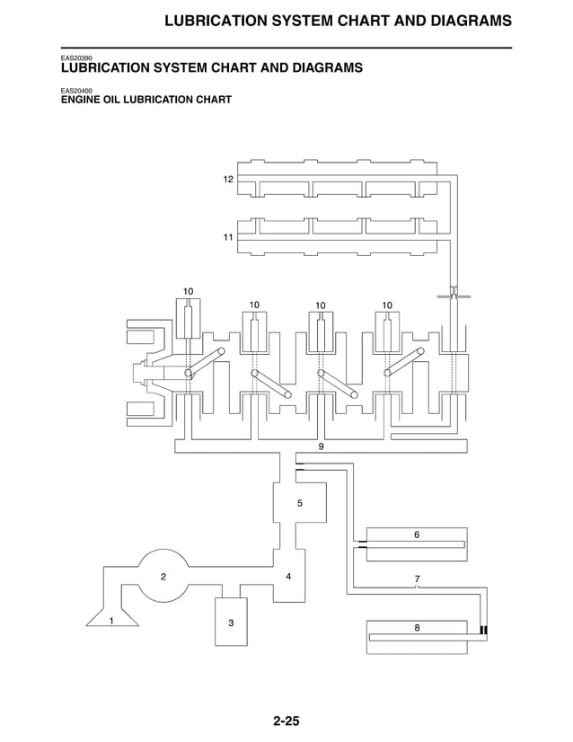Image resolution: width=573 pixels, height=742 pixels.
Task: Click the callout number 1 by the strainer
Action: click(x=111, y=621)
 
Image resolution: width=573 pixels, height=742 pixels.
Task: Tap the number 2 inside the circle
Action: click(x=163, y=577)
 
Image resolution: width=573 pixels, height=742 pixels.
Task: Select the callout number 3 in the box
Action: click(x=231, y=623)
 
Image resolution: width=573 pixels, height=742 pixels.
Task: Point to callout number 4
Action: click(x=288, y=575)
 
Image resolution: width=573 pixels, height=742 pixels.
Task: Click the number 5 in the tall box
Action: click(x=300, y=503)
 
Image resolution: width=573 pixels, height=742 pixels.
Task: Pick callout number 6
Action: click(x=417, y=534)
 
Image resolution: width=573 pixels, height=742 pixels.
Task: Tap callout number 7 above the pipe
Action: click(x=417, y=579)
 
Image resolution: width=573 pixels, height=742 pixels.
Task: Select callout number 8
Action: click(x=417, y=627)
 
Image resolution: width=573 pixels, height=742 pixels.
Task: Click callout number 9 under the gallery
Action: click(x=321, y=446)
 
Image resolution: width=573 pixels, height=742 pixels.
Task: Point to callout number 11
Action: click(x=228, y=237)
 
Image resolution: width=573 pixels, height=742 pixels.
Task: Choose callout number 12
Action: click(x=228, y=180)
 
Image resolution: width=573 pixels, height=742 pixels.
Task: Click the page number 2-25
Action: click(x=286, y=720)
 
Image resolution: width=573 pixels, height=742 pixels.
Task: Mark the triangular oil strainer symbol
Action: click(x=112, y=615)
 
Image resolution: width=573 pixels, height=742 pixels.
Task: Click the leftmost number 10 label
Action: click(x=189, y=291)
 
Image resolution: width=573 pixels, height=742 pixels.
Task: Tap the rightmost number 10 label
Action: click(x=387, y=305)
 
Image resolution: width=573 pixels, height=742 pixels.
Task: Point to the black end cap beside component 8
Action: click(x=484, y=630)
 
